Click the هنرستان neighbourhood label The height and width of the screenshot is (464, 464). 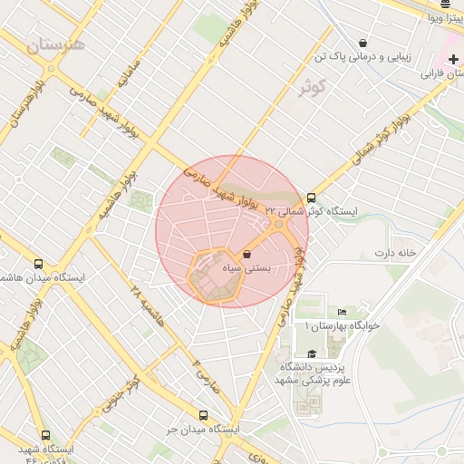(55, 45)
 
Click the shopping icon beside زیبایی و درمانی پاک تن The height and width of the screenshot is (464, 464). (362, 43)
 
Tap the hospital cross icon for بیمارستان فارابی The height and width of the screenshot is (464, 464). (453, 59)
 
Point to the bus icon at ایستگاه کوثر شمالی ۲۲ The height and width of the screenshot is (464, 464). (312, 198)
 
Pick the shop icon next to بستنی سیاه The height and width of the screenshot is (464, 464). (247, 254)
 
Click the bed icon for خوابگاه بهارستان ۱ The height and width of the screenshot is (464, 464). (342, 312)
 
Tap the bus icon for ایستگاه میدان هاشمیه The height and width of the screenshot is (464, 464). (38, 263)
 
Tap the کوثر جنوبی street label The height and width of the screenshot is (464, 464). (124, 391)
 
